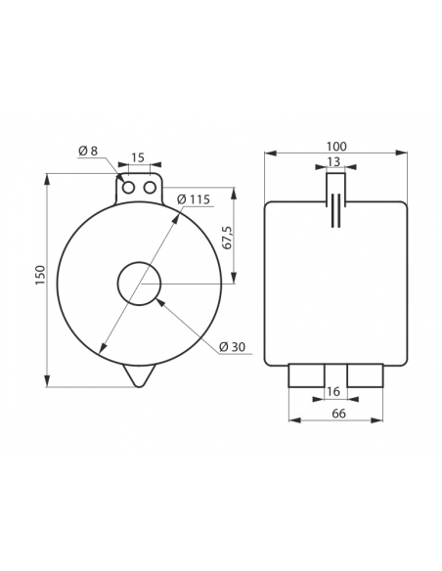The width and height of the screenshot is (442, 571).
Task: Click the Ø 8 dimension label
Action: [88, 151]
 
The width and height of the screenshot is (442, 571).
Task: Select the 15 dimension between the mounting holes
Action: [138, 157]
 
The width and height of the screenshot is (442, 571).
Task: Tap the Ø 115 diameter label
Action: [194, 199]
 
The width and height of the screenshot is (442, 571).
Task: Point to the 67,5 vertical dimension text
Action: [227, 238]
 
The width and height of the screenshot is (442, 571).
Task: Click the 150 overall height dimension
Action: [41, 276]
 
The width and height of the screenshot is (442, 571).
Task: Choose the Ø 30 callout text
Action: [233, 347]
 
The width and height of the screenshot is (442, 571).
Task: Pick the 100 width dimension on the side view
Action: [336, 147]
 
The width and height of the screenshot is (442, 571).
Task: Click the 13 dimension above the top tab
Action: [333, 161]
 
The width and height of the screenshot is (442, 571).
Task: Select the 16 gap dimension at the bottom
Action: [333, 391]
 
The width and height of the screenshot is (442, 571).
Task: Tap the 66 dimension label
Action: [338, 414]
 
